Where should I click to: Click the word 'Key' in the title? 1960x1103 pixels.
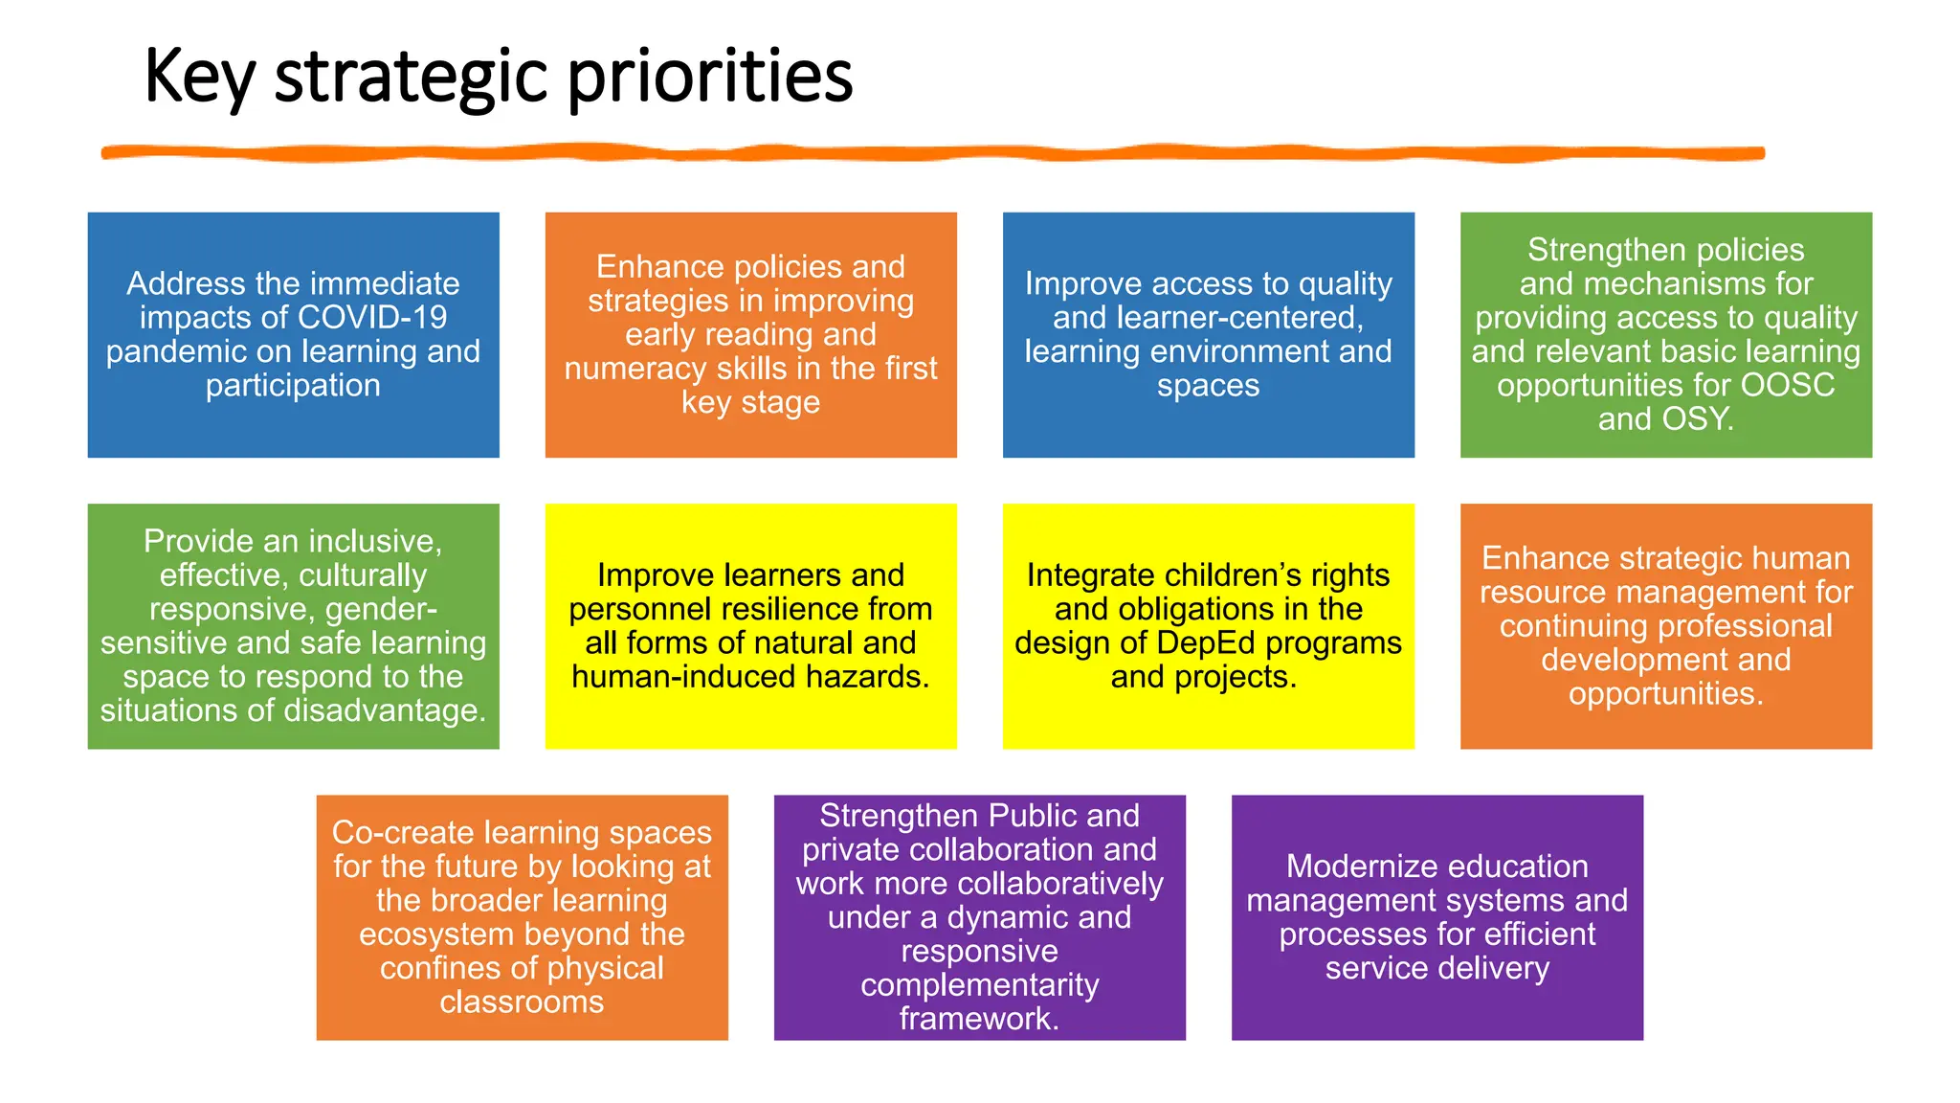coord(199,77)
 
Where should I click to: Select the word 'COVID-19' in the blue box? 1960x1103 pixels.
coord(372,318)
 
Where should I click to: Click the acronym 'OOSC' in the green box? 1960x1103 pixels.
coord(1787,385)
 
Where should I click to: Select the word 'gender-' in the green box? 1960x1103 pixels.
coord(382,609)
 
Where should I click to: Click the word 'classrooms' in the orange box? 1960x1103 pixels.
coord(522,1002)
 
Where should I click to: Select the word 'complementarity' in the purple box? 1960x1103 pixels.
coord(979,985)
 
